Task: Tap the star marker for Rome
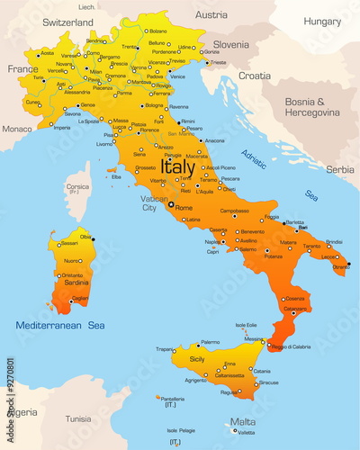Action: [170, 204]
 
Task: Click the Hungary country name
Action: [322, 21]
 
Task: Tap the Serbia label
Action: [339, 168]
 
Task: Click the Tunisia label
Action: [78, 418]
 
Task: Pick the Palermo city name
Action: [210, 342]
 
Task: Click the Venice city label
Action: [178, 76]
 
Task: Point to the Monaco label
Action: [16, 129]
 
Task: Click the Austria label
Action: [211, 14]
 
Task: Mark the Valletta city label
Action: [244, 433]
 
